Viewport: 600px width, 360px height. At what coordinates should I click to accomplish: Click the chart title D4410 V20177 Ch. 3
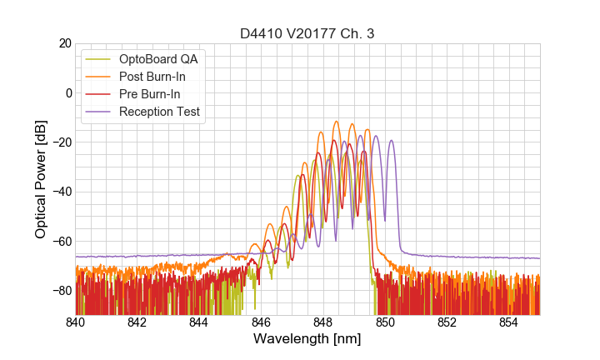[x=307, y=33]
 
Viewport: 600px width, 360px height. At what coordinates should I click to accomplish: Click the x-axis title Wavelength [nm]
[x=307, y=339]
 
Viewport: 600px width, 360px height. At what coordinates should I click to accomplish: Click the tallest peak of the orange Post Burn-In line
[x=337, y=122]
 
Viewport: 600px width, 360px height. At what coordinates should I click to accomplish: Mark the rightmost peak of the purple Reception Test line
[x=391, y=141]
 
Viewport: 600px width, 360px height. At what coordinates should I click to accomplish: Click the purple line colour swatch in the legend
[x=100, y=112]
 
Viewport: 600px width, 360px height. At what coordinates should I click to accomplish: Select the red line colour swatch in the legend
[x=100, y=94]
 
